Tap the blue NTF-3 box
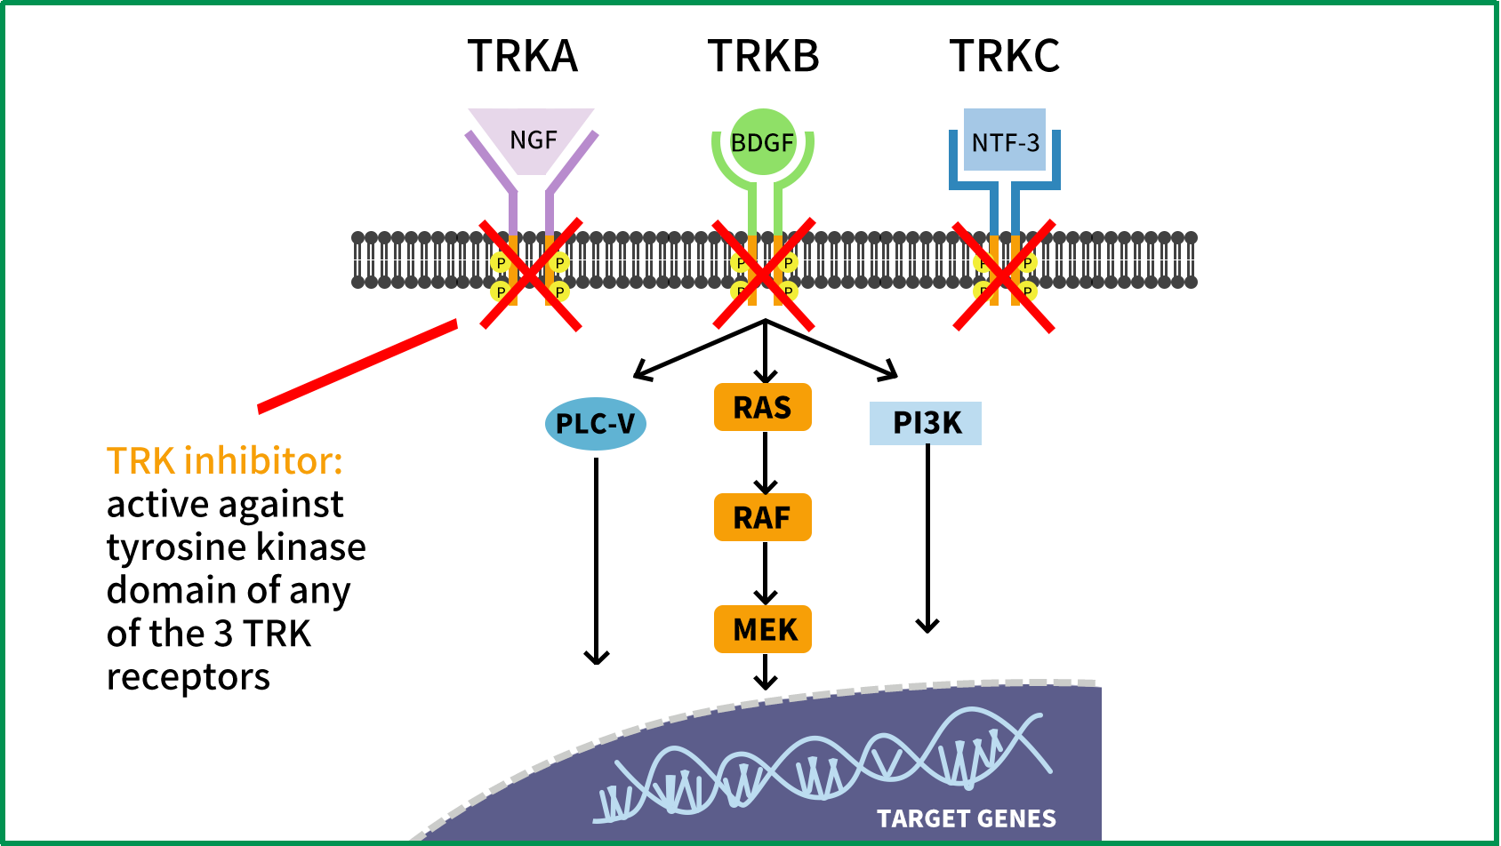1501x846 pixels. click(x=1005, y=140)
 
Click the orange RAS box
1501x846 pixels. click(x=762, y=407)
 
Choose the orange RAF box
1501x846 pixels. click(x=762, y=517)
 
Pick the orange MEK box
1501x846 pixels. click(x=762, y=629)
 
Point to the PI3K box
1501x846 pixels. click(x=926, y=423)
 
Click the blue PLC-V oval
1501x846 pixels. click(x=595, y=424)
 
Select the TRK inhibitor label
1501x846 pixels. click(x=225, y=461)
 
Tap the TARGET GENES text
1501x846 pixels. click(x=966, y=818)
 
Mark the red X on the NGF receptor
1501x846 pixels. click(x=531, y=275)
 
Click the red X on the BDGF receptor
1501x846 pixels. click(x=764, y=275)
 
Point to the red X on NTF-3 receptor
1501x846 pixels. click(x=1004, y=276)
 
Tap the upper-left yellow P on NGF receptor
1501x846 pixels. click(x=501, y=262)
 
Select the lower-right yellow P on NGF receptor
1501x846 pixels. click(x=559, y=291)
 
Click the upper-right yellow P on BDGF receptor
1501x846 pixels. click(x=789, y=262)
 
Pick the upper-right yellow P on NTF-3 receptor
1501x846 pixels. click(x=1028, y=263)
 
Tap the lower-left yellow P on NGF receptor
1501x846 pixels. click(x=501, y=291)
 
